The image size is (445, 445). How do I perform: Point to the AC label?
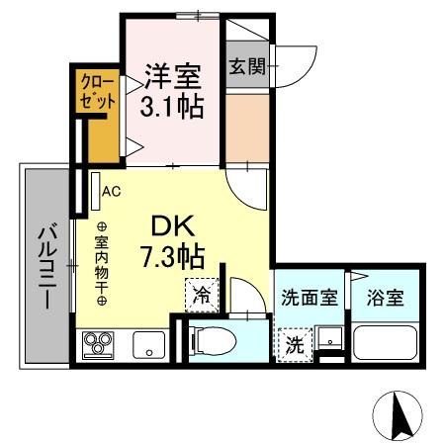coord(111,191)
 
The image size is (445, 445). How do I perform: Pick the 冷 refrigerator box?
coord(201,294)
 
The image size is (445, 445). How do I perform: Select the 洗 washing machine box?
coord(296,345)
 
